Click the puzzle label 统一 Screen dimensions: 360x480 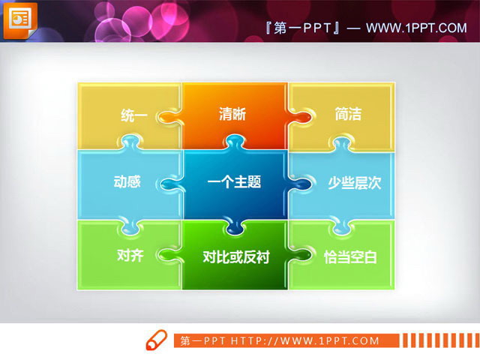pyautogui.click(x=133, y=115)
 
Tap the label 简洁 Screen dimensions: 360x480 pyautogui.click(x=348, y=115)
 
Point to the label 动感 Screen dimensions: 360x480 pyautogui.click(x=127, y=182)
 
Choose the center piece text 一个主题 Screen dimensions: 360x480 pyautogui.click(x=234, y=181)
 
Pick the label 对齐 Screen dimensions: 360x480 pyautogui.click(x=130, y=254)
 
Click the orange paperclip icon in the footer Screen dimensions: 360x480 pyautogui.click(x=156, y=339)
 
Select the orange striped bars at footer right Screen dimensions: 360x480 pyautogui.click(x=434, y=340)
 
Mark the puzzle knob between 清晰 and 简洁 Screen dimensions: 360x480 pyautogui.click(x=299, y=117)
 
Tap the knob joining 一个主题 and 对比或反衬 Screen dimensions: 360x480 pyautogui.click(x=234, y=225)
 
